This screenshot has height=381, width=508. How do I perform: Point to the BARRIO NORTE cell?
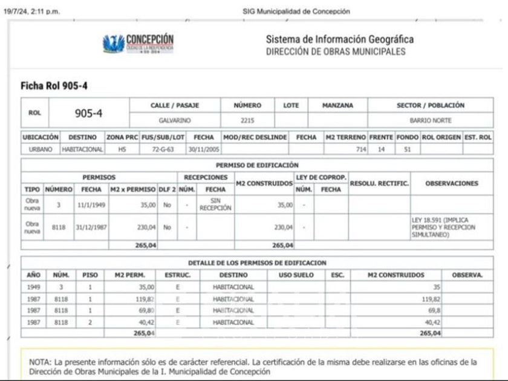click(430, 120)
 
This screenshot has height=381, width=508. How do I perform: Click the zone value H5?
click(123, 148)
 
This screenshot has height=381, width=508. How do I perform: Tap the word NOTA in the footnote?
click(40, 362)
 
